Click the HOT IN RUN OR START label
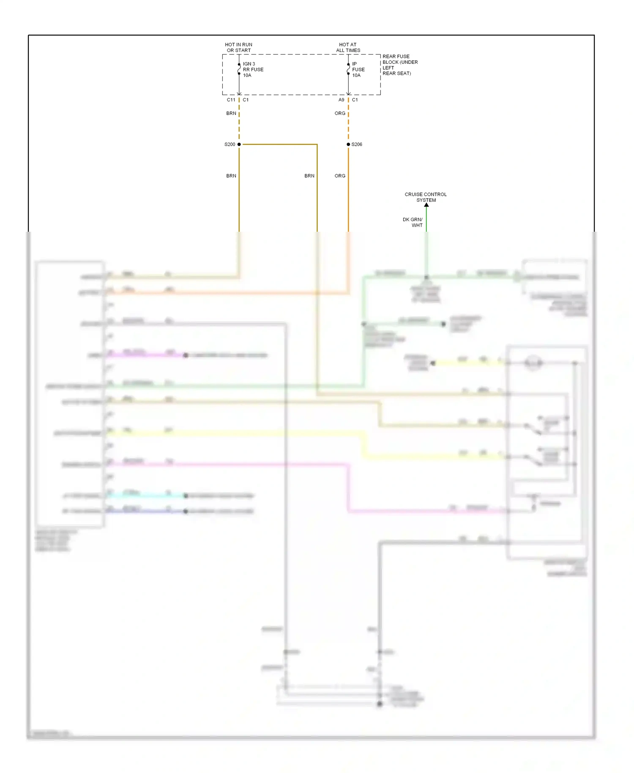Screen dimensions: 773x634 [x=238, y=47]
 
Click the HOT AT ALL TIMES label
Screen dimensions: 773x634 [x=348, y=47]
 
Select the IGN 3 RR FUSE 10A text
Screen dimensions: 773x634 [x=253, y=70]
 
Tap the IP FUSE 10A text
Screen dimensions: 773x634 [x=358, y=70]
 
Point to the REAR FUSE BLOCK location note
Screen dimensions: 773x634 [x=400, y=65]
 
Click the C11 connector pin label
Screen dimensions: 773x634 [x=231, y=100]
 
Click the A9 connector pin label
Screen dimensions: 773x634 [x=341, y=100]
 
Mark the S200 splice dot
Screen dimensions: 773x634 [x=239, y=144]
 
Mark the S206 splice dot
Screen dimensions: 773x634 [x=348, y=144]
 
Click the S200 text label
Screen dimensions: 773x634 [x=230, y=145]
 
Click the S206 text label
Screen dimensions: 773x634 [x=357, y=145]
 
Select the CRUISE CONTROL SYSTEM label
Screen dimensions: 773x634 [x=426, y=197]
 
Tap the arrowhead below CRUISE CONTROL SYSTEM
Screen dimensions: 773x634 [x=426, y=205]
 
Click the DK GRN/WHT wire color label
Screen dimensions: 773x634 [x=413, y=222]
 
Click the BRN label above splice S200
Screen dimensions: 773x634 [x=231, y=113]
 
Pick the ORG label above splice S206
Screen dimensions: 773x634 [x=340, y=113]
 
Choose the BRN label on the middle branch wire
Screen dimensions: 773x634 [x=309, y=176]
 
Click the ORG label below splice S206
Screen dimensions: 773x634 [x=340, y=176]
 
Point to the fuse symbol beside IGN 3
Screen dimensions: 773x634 [x=239, y=69]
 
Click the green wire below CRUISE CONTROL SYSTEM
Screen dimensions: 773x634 [x=426, y=220]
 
